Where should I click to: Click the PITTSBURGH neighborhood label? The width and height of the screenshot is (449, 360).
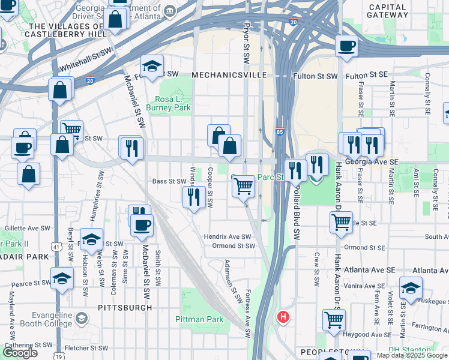coord(125,307)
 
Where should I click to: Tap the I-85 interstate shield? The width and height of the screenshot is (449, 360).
coord(280,131)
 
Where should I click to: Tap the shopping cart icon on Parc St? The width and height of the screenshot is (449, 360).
coord(243,186)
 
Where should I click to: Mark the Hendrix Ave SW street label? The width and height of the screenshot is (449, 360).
coord(231,236)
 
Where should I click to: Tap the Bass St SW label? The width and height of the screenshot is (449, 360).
coord(169,181)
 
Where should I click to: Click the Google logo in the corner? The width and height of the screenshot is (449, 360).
coord(20,353)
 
